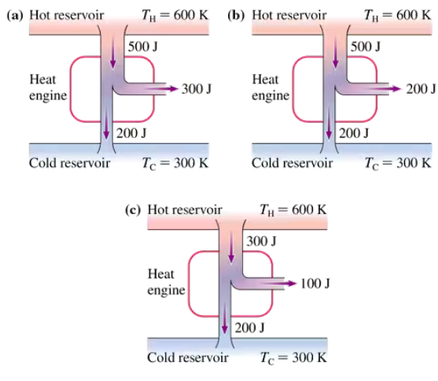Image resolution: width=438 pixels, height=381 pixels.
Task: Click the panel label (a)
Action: (15, 16)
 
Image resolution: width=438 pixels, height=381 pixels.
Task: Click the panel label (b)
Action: (236, 16)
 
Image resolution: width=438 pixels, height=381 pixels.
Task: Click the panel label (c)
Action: (133, 210)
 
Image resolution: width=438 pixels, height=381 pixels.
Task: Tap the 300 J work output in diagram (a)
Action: (197, 89)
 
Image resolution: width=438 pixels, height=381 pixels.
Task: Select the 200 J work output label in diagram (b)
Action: (421, 89)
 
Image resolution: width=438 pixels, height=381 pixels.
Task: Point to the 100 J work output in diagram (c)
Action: (315, 283)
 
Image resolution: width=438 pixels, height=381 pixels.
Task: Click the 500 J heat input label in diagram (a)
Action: (143, 46)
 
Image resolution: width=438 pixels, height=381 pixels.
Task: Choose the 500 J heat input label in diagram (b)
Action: (366, 46)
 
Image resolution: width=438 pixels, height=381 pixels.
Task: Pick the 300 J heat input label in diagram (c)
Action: (261, 241)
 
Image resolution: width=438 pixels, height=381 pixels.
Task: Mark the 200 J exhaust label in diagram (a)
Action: (131, 133)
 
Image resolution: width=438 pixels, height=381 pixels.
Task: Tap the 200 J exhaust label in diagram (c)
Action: (249, 327)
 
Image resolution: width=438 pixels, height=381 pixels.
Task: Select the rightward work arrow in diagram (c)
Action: (280, 283)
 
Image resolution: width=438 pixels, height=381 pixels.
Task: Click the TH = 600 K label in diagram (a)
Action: (175, 16)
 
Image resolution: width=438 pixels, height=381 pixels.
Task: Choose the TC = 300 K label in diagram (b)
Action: (397, 164)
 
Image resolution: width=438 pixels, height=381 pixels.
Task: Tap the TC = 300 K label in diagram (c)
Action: (293, 358)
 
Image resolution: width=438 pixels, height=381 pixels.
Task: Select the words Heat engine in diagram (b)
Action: (271, 87)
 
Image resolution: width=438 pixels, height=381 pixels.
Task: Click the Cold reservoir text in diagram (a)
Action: (69, 163)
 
